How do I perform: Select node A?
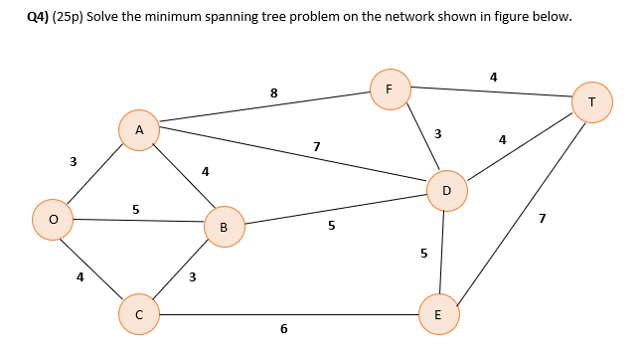click(139, 130)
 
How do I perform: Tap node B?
click(224, 227)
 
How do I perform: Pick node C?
click(139, 313)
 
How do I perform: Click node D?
click(446, 190)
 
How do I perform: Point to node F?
click(390, 89)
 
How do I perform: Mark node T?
click(592, 102)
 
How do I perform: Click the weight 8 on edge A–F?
click(274, 93)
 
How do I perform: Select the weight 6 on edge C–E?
click(283, 329)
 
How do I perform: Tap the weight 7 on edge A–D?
click(316, 147)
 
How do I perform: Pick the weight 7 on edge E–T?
click(541, 218)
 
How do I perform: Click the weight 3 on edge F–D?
click(437, 133)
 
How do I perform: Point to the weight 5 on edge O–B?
click(136, 209)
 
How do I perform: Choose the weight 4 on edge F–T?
click(494, 76)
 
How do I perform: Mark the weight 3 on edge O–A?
click(73, 161)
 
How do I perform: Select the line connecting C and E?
click(288, 314)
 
